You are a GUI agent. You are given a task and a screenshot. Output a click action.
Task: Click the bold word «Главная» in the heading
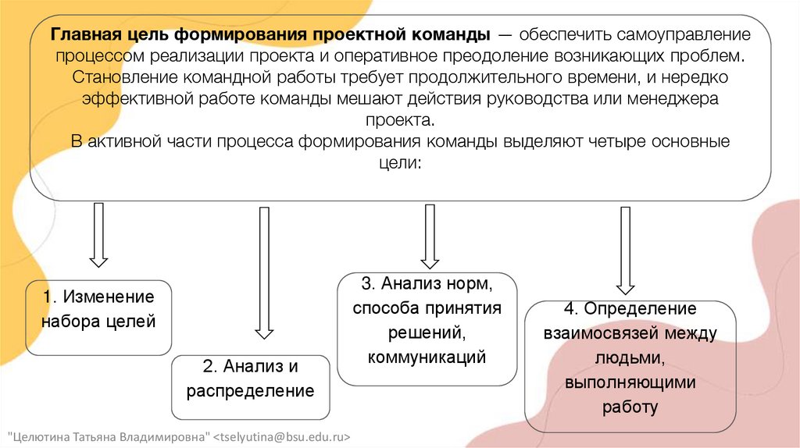[84, 36]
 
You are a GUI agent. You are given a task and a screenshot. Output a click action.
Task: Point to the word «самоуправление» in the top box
[673, 36]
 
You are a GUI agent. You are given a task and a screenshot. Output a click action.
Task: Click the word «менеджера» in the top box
[678, 100]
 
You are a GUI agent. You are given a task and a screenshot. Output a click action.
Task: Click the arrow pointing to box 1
[98, 234]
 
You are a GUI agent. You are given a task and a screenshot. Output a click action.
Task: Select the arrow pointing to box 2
[265, 272]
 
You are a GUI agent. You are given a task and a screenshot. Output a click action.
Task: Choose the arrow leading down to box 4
[625, 250]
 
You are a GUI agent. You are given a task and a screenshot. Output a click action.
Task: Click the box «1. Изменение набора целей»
[98, 318]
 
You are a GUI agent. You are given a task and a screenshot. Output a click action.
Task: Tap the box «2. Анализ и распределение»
[250, 388]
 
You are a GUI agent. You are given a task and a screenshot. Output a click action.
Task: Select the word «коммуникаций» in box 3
[427, 357]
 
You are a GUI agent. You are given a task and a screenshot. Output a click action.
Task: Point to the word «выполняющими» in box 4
[630, 382]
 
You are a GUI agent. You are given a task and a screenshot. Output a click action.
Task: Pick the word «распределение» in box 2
[250, 390]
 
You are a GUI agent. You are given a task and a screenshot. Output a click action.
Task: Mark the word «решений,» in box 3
[427, 333]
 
